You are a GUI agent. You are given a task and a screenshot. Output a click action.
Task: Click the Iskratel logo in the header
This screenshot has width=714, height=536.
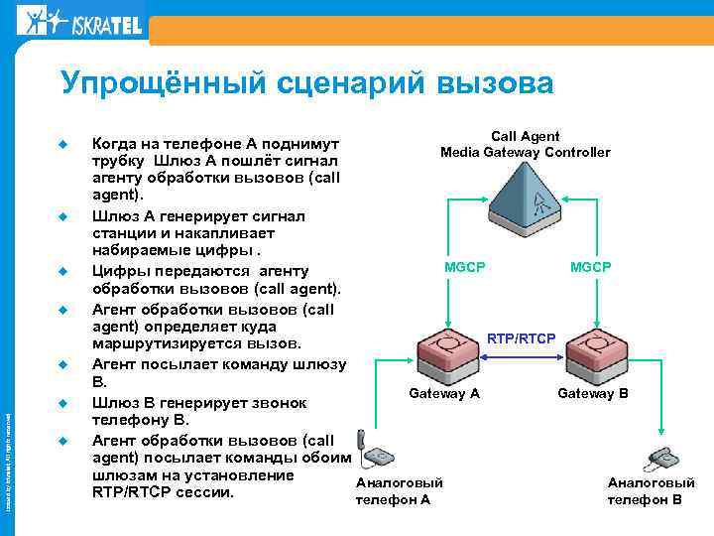80,19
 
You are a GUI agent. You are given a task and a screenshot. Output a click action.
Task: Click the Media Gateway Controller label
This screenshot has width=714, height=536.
525,152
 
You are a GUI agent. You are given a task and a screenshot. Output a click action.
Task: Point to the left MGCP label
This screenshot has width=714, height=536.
464,267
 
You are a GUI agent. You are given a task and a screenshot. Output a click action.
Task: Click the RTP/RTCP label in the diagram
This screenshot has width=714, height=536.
521,338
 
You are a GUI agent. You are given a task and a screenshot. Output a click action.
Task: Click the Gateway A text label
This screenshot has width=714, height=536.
444,394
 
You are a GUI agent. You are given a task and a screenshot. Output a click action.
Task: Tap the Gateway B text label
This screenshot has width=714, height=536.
593,394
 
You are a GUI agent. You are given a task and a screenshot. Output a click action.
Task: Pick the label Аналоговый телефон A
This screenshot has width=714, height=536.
397,490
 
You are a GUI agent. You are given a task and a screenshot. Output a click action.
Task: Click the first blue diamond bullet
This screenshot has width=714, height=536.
60,143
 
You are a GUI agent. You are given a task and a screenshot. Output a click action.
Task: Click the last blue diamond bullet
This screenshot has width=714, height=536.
60,440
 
